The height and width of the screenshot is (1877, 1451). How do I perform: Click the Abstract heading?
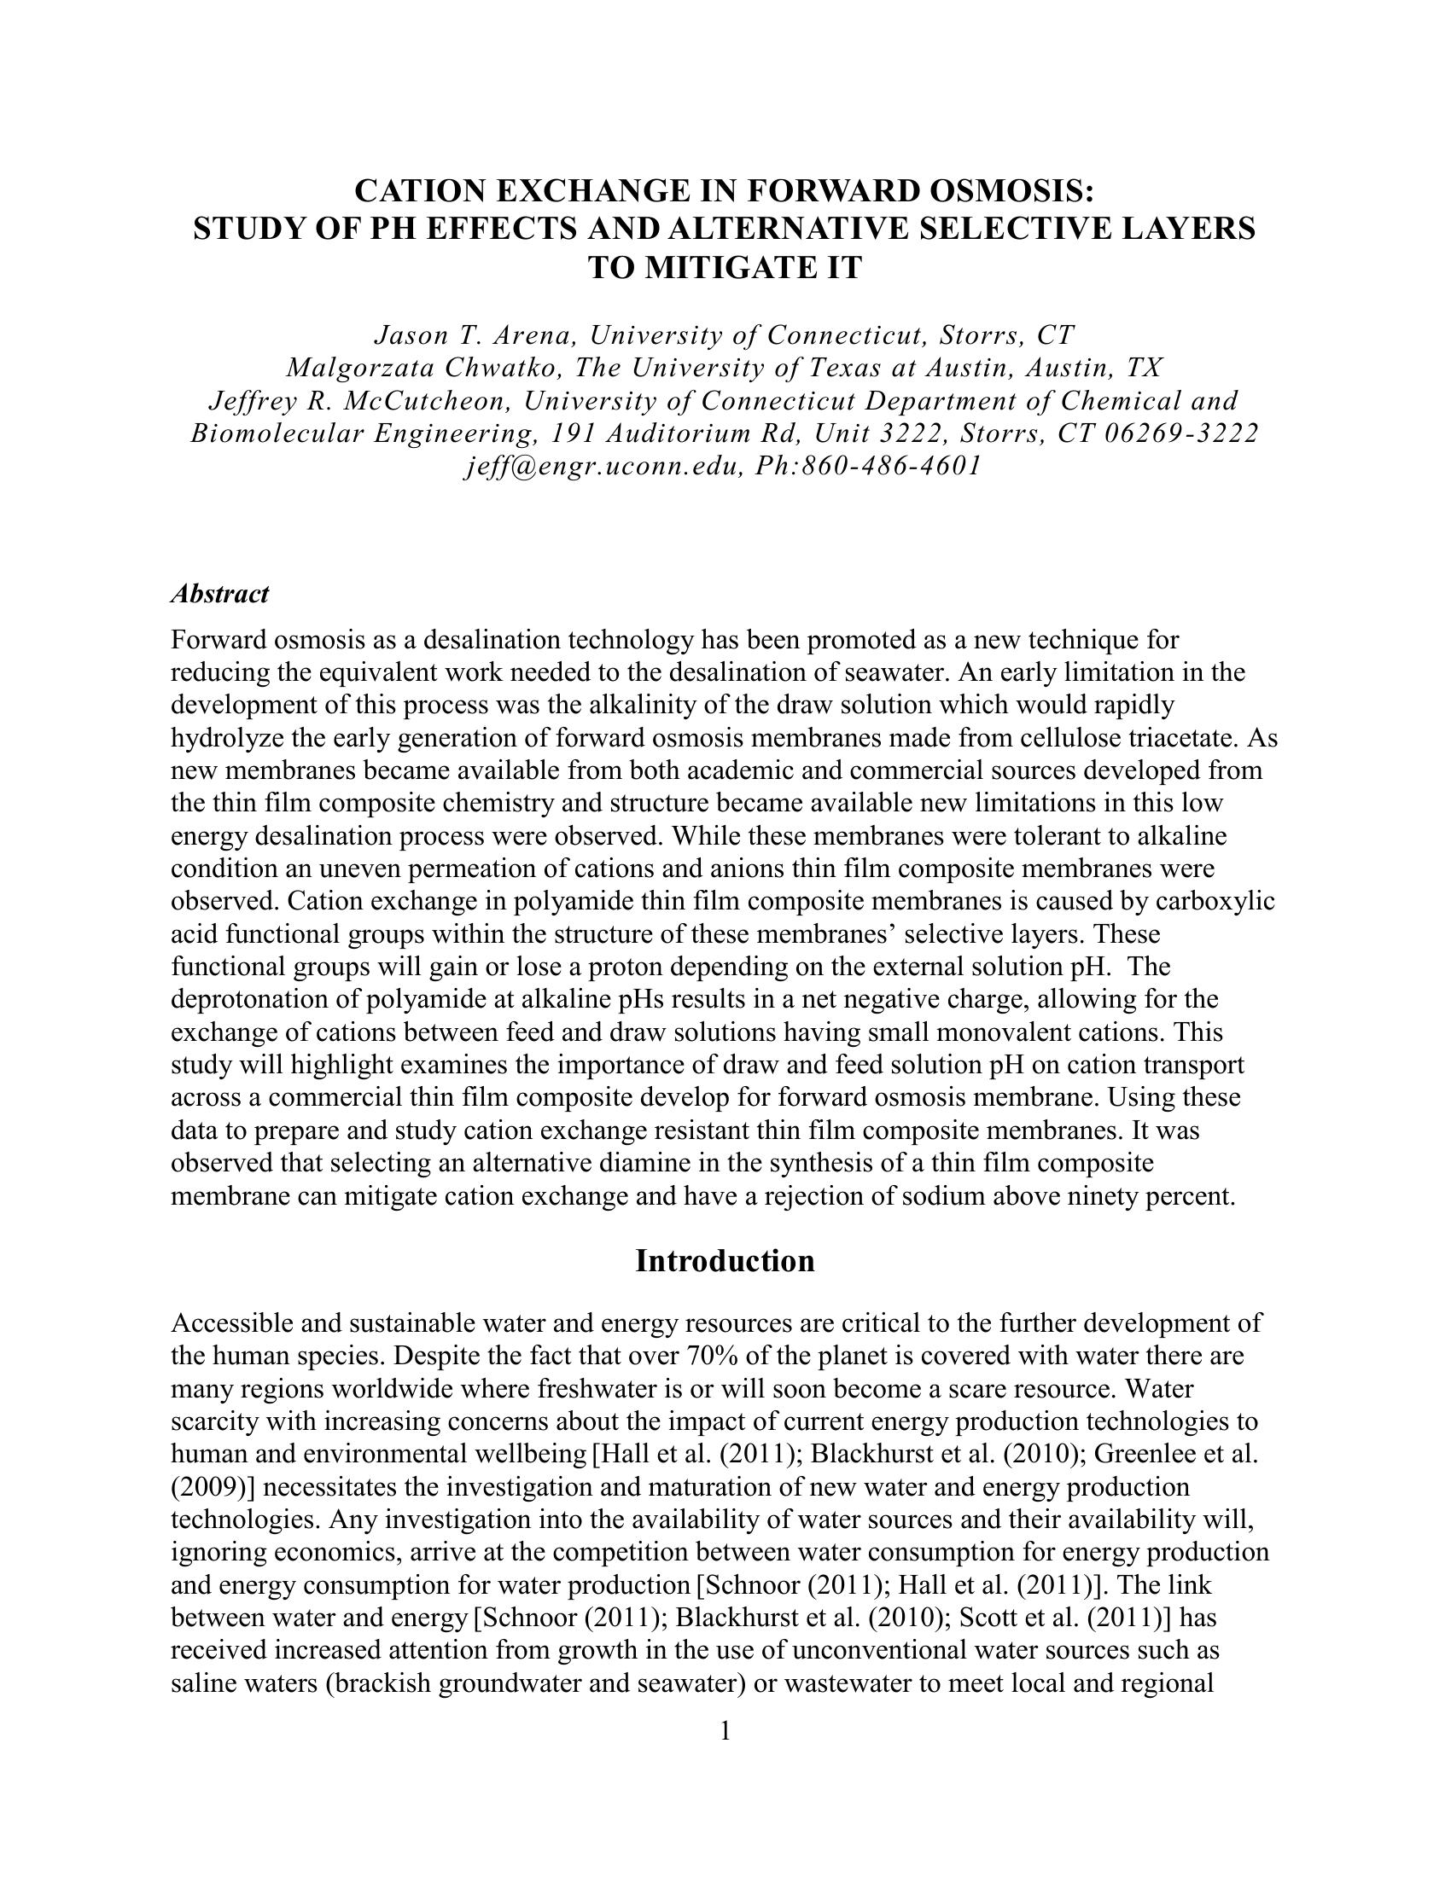pyautogui.click(x=220, y=594)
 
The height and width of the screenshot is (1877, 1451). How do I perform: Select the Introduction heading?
pyautogui.click(x=725, y=1261)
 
